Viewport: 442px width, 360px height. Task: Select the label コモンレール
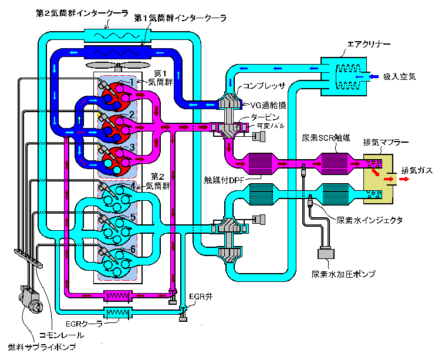[x=61, y=335]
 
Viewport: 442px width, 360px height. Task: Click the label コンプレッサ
[x=264, y=86]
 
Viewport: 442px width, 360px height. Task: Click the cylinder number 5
[x=133, y=217]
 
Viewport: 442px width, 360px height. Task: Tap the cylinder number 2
[x=132, y=114]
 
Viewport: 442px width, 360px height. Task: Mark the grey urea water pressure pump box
[x=326, y=254]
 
